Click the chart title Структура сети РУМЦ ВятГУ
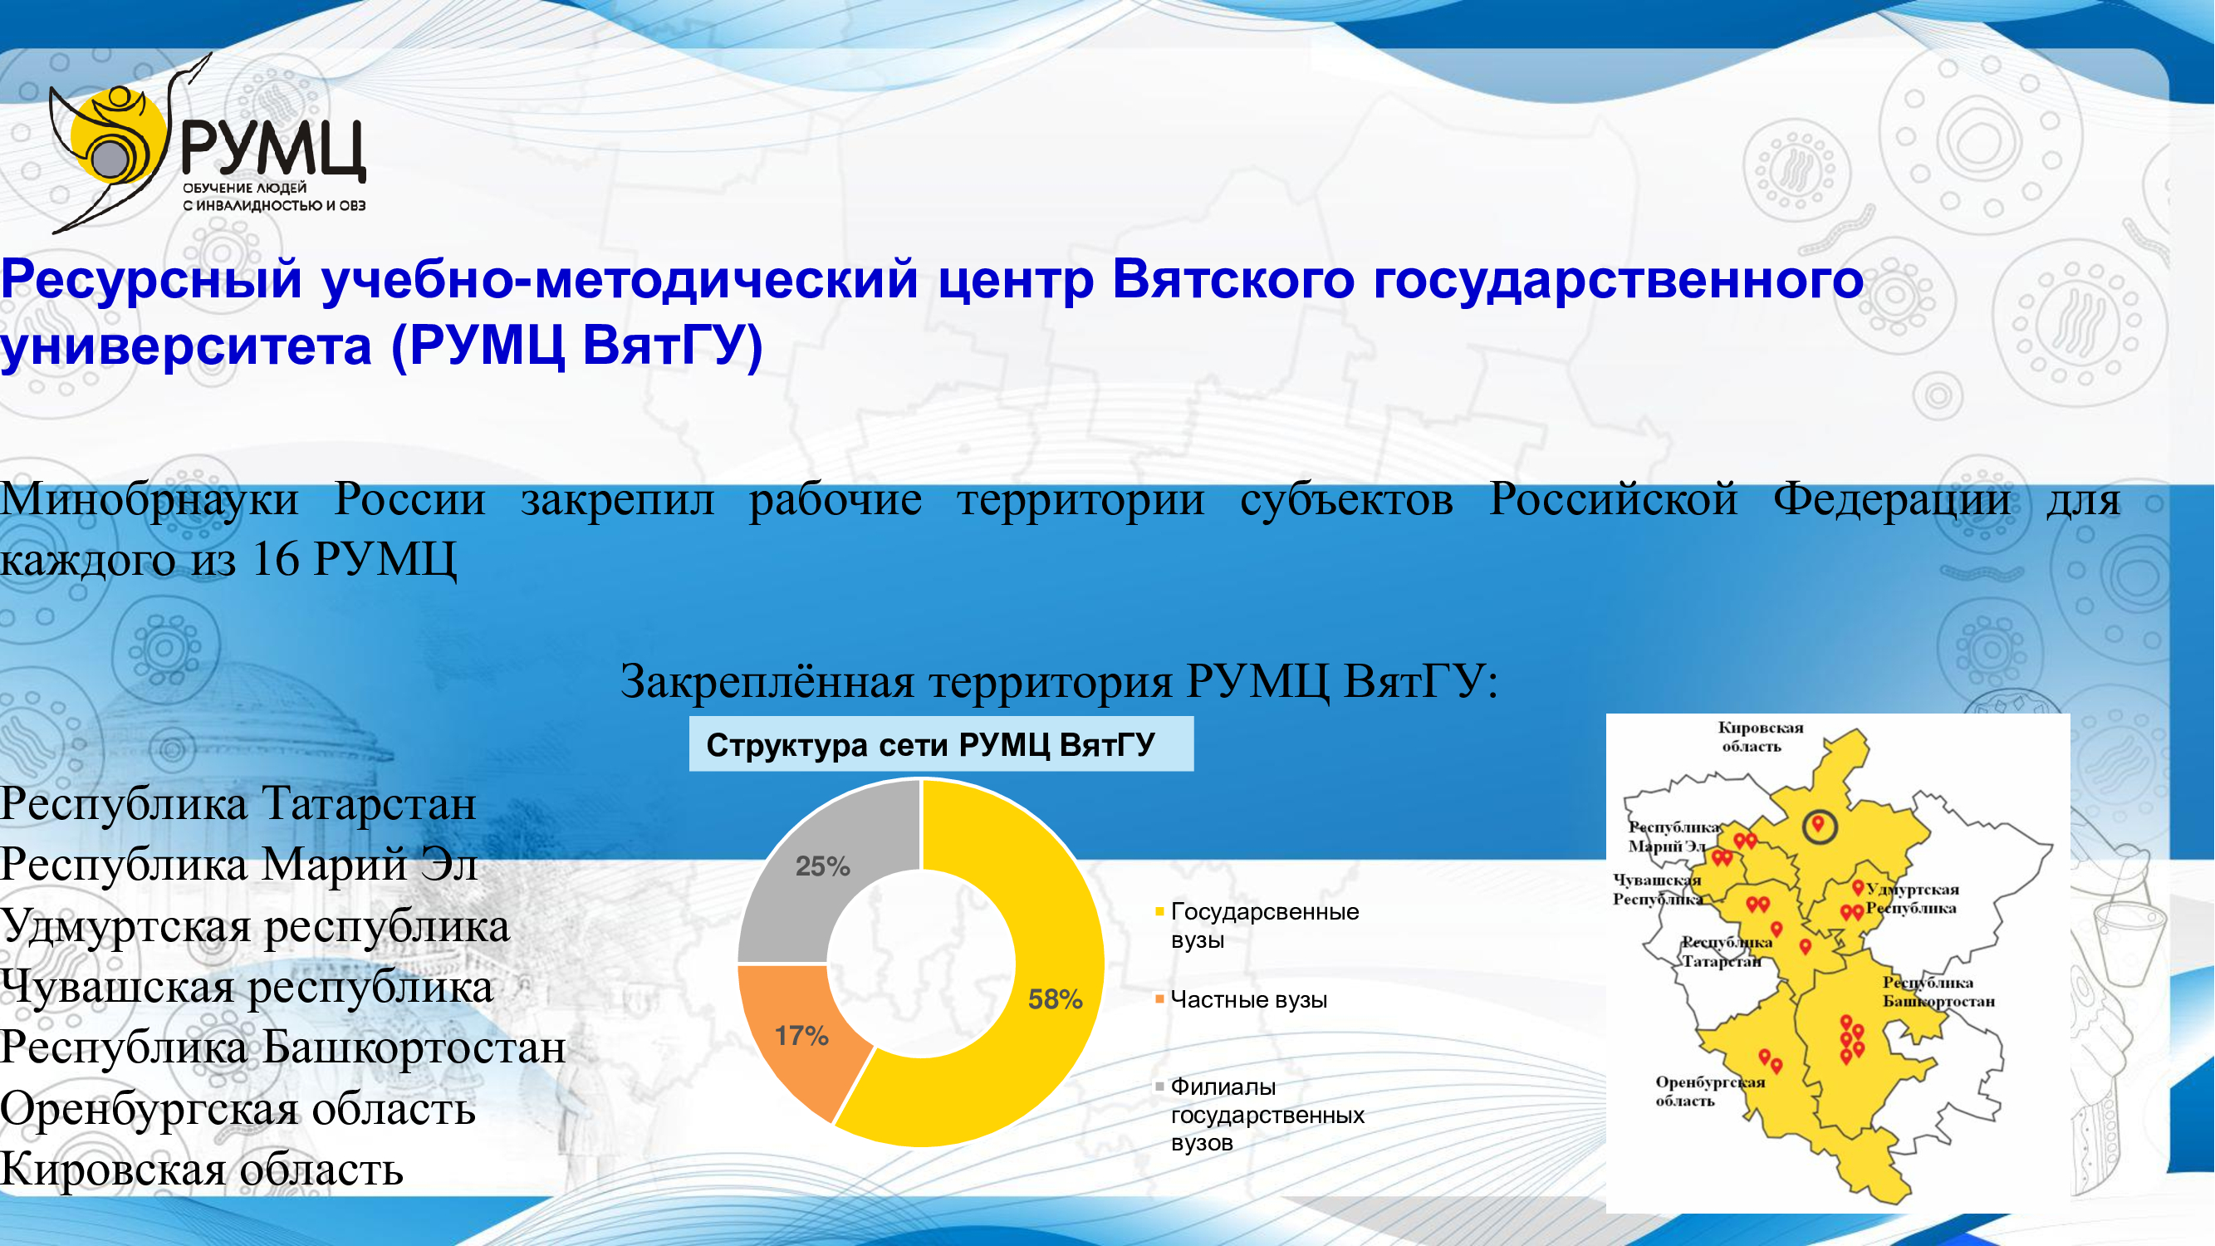(930, 744)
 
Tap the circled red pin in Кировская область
(1819, 827)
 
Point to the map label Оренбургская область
(1709, 1091)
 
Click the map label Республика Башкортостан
(1938, 992)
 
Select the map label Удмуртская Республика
(1913, 899)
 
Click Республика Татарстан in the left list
(238, 804)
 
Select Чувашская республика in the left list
(247, 987)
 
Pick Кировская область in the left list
(202, 1170)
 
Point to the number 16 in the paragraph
(275, 560)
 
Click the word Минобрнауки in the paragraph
(149, 499)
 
